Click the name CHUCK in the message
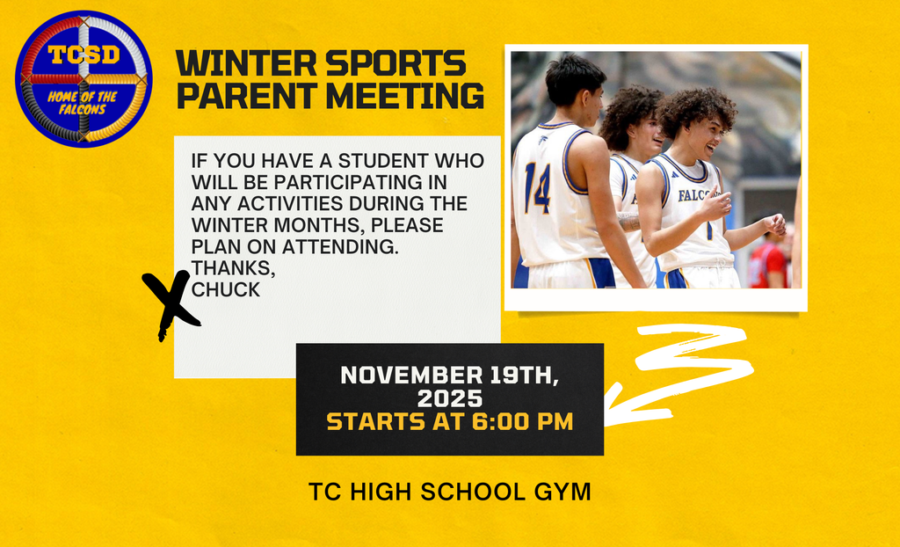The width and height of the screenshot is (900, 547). point(226,289)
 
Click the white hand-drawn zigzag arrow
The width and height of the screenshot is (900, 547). point(686,374)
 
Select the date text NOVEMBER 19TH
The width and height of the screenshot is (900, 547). point(449,375)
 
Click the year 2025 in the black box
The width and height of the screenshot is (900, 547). point(449,398)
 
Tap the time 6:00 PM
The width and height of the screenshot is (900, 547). point(522,422)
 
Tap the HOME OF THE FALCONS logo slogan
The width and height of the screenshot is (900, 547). point(83,103)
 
